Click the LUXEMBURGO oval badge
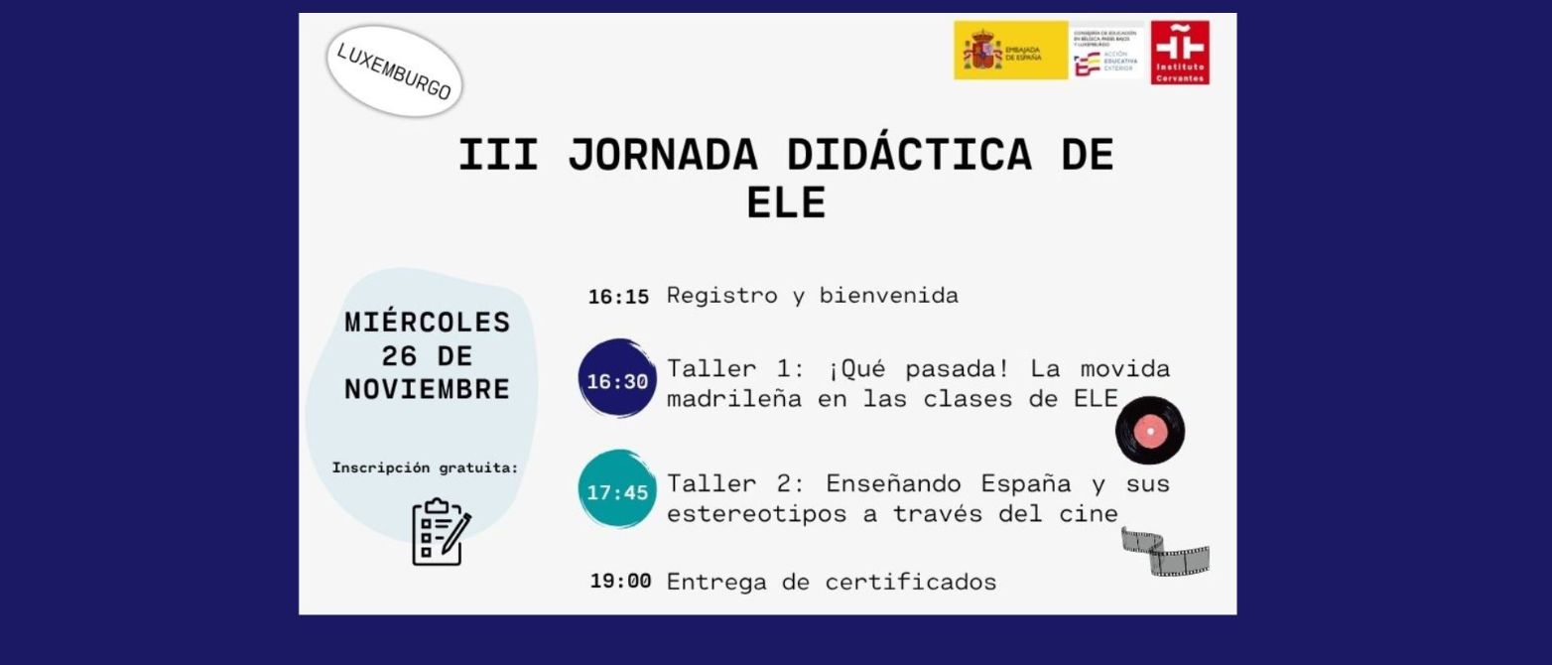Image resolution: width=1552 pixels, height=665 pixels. click(x=394, y=70)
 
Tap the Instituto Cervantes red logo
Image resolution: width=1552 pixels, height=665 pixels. click(x=1180, y=53)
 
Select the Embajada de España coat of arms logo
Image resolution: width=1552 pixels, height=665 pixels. click(x=1009, y=51)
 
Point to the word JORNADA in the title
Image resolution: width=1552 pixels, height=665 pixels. click(x=663, y=155)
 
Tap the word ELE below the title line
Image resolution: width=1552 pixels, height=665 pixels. click(x=786, y=202)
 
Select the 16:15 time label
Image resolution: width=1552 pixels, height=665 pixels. click(x=618, y=297)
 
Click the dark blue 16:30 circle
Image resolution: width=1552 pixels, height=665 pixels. click(x=617, y=380)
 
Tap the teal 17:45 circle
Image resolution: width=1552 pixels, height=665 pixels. click(x=617, y=490)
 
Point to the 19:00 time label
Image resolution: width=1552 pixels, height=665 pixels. click(x=620, y=581)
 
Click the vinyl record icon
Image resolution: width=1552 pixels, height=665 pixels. click(x=1150, y=430)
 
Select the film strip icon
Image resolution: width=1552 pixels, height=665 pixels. click(x=1165, y=552)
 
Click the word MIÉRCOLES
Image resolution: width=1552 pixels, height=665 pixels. click(x=428, y=323)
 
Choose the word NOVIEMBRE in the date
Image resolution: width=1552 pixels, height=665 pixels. click(x=428, y=389)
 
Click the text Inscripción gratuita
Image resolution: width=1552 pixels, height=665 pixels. click(x=425, y=467)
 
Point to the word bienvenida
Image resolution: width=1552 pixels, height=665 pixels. click(x=888, y=296)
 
